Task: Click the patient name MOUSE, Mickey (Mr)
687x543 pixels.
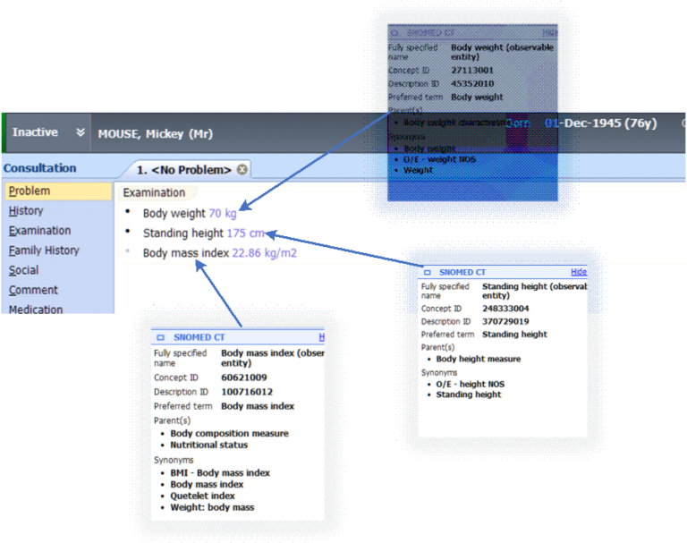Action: point(154,133)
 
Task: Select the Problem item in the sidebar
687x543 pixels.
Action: point(30,191)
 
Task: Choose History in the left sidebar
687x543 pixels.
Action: point(26,211)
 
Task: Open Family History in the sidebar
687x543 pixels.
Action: point(44,250)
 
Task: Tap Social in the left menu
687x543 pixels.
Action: point(24,270)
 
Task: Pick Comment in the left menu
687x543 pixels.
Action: point(33,290)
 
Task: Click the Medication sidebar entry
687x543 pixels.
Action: point(36,309)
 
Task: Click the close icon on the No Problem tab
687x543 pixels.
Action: point(242,170)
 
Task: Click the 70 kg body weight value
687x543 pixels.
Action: point(223,214)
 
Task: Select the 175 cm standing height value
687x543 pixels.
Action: point(246,233)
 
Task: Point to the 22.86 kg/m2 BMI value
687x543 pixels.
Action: point(264,253)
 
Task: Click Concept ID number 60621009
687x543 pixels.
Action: point(244,378)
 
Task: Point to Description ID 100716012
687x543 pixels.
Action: point(248,392)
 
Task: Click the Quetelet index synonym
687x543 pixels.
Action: point(203,496)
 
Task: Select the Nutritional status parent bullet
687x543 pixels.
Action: point(208,445)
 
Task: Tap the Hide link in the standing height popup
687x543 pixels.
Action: point(579,271)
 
